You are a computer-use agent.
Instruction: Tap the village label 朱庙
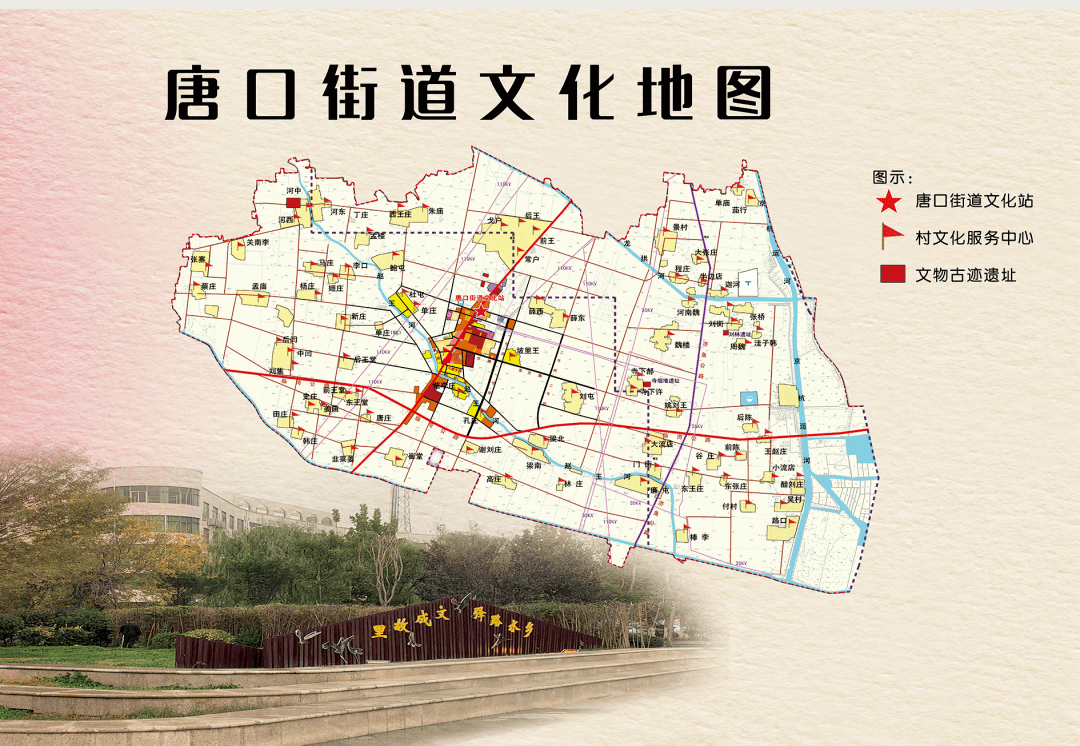click(x=435, y=212)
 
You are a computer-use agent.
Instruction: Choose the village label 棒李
click(x=698, y=537)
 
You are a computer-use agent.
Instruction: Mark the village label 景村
click(x=680, y=227)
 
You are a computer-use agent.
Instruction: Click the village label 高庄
click(x=494, y=479)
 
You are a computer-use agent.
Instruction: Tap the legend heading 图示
click(x=886, y=177)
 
